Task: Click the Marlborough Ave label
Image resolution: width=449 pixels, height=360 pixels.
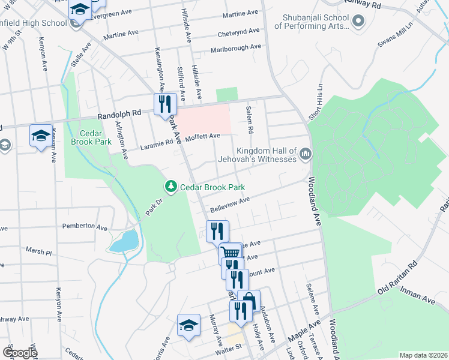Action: [235, 48]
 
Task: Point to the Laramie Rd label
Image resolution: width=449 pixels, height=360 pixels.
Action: [161, 142]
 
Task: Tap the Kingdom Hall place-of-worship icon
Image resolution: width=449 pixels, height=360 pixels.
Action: [306, 154]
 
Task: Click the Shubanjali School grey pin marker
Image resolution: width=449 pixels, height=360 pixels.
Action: [359, 22]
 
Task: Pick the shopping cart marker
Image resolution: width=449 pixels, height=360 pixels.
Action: [229, 253]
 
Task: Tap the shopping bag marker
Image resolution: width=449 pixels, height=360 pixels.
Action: [248, 301]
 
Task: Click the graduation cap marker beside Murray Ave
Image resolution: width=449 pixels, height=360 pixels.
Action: [188, 325]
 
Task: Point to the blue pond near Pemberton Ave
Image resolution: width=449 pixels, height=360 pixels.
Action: [124, 241]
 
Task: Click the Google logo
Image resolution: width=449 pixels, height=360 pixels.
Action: [20, 353]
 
